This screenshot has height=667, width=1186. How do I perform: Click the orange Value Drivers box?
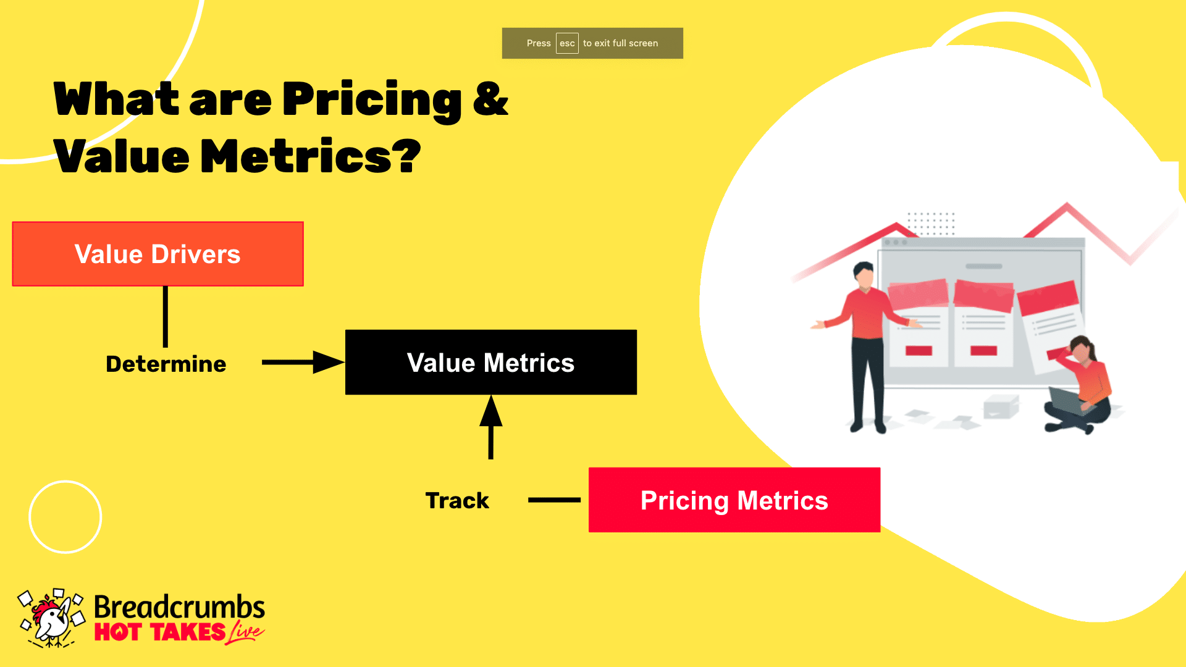coord(158,254)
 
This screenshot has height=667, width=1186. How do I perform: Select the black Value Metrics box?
coord(491,363)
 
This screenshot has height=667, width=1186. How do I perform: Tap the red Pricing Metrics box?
coord(734,500)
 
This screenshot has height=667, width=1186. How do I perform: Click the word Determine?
coord(166,364)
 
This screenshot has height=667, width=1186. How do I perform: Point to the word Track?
coord(457,500)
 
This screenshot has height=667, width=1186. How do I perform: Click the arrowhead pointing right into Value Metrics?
coord(329,363)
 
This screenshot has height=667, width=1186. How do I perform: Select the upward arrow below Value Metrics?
coord(491,427)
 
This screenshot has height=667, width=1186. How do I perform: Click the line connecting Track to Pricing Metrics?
coord(554,500)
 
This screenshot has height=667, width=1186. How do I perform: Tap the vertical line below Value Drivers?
coord(166,317)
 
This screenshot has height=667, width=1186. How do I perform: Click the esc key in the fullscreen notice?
coord(567,43)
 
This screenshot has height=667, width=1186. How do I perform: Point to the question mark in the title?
coord(406,155)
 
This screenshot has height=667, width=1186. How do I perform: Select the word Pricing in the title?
coord(372,101)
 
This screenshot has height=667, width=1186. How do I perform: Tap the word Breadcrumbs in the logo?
coord(179,607)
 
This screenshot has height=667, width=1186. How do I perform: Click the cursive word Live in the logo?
coord(246,632)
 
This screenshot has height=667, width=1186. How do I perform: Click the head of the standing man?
coord(864,274)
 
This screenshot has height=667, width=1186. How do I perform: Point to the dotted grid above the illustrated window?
coord(931,224)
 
